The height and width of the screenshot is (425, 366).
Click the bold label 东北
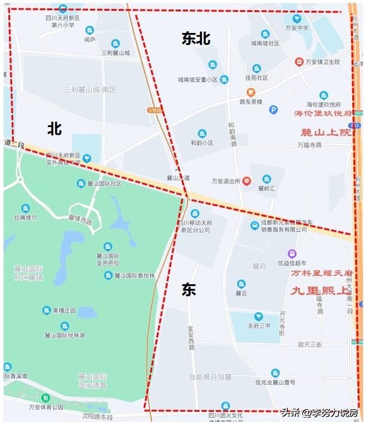tap(196, 38)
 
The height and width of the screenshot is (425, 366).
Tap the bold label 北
tap(55, 128)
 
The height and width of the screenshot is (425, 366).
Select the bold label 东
tap(189, 290)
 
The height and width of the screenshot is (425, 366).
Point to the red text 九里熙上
tap(320, 291)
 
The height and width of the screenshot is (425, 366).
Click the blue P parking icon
tap(273, 110)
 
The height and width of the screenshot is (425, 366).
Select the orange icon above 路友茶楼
tap(250, 92)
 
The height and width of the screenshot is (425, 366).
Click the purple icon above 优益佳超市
tap(292, 254)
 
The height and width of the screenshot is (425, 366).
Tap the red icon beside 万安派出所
tap(246, 181)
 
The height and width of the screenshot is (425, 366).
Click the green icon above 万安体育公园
tap(46, 397)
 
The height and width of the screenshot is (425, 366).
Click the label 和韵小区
tap(202, 143)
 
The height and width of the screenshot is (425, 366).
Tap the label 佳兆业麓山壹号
tap(275, 382)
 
